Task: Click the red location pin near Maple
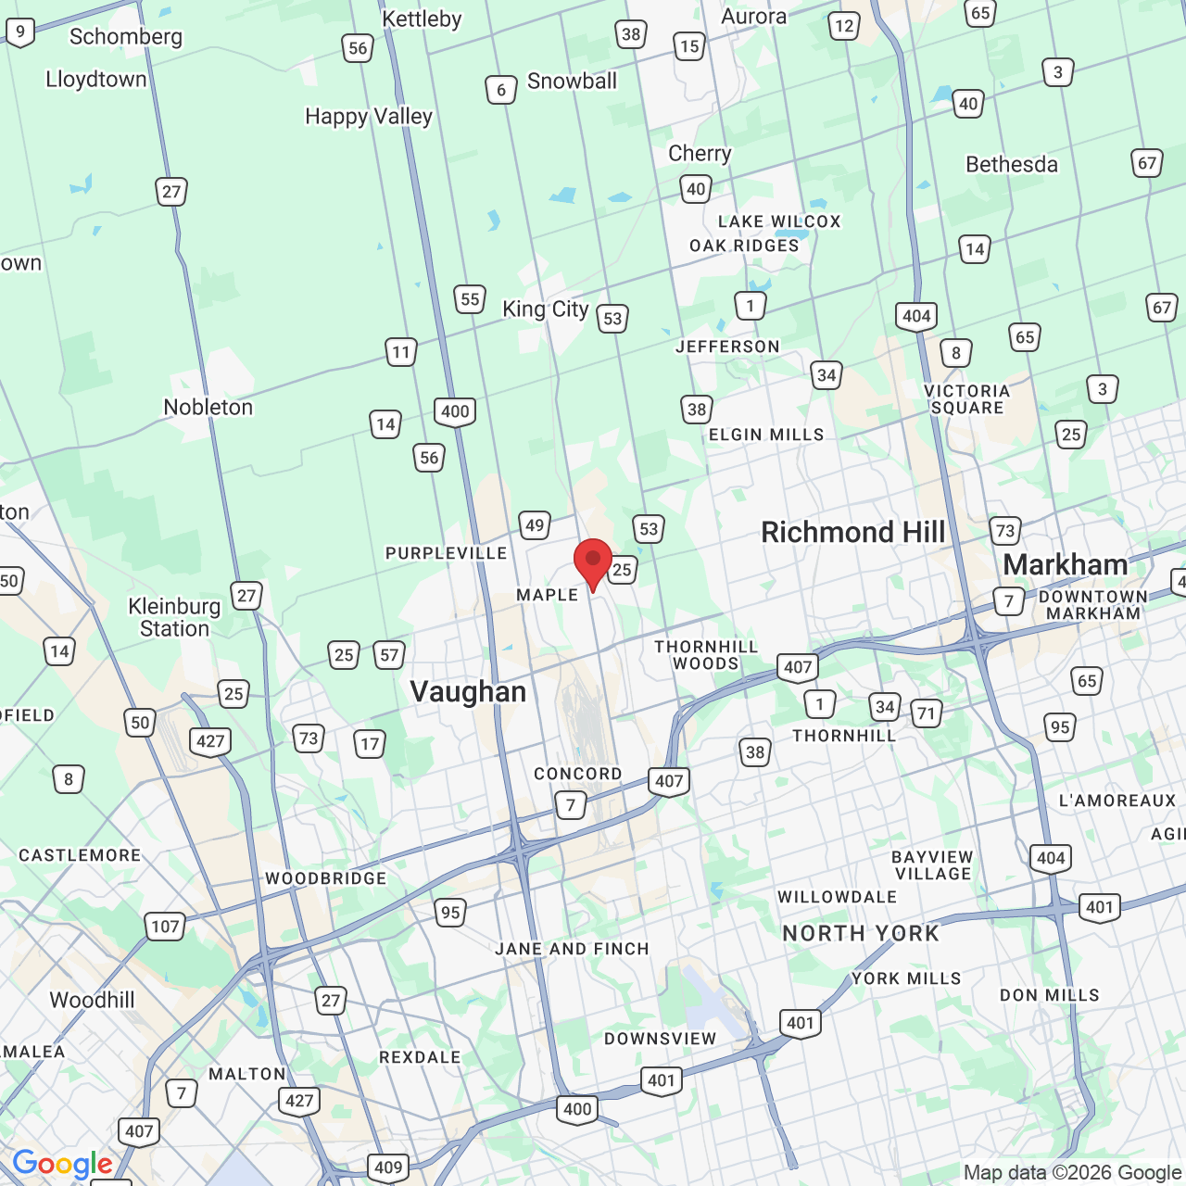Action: [x=593, y=561]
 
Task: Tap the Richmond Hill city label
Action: [x=852, y=533]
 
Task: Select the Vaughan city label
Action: [x=468, y=692]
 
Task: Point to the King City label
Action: [x=545, y=309]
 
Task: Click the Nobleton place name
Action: [x=208, y=408]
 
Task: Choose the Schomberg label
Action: [x=126, y=37]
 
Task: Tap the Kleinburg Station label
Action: [x=174, y=617]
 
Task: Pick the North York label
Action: [x=861, y=933]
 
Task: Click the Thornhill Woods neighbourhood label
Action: [x=706, y=654]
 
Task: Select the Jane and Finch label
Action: [x=572, y=949]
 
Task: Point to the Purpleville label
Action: [x=446, y=553]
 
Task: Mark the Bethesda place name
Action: [x=1012, y=165]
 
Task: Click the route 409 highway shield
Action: [x=387, y=1167]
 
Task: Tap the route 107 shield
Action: [x=165, y=926]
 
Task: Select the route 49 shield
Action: [x=535, y=525]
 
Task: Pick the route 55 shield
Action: [x=470, y=299]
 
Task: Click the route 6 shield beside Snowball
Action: [x=500, y=90]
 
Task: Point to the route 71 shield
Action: [x=926, y=713]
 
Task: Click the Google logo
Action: [x=62, y=1164]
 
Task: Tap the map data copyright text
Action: [x=1072, y=1173]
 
